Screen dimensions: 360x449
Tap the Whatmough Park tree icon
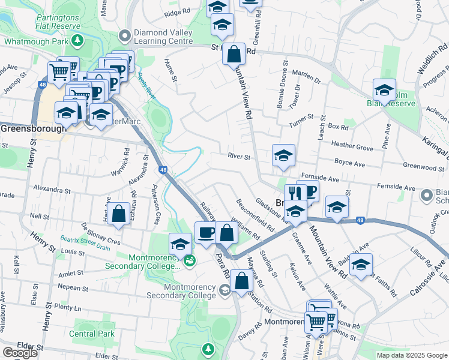[x=77, y=41]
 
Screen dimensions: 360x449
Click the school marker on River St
[x=283, y=155]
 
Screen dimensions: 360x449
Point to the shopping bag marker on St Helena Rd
[x=234, y=53]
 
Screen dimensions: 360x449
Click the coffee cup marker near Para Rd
[x=206, y=232]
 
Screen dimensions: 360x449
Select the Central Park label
[x=91, y=334]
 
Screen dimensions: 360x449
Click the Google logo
[x=20, y=352]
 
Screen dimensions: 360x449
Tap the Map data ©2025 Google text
[x=411, y=355]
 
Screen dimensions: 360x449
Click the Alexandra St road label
[x=52, y=188]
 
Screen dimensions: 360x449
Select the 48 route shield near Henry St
[x=42, y=85]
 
